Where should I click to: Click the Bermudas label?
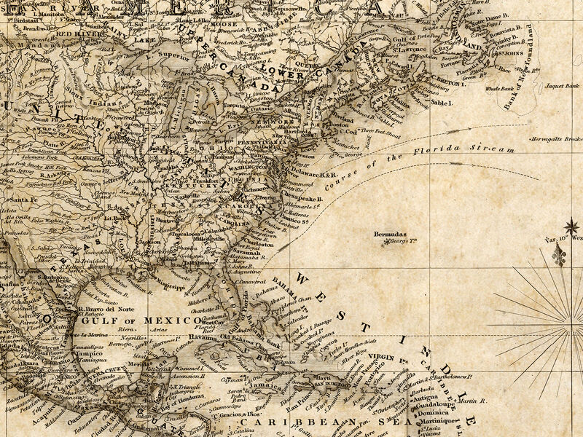click(x=388, y=235)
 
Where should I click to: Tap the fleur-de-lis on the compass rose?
click(x=559, y=255)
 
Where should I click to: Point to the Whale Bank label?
click(x=500, y=88)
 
